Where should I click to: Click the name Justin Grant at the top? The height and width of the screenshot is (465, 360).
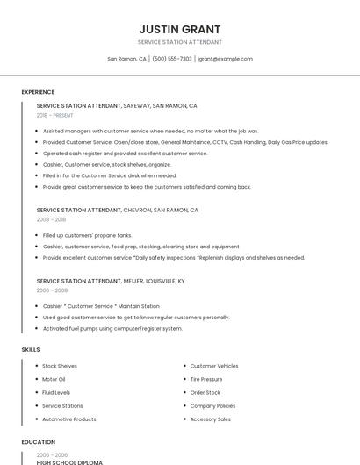click(180, 29)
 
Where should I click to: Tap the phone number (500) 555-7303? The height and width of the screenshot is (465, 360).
click(172, 59)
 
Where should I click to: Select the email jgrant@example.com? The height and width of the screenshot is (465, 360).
click(225, 59)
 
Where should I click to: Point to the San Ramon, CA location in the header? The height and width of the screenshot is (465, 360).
click(126, 59)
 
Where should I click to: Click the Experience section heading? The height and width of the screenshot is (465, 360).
click(38, 92)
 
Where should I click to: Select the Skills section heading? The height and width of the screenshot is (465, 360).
click(31, 349)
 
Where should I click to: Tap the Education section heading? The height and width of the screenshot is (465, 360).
click(39, 442)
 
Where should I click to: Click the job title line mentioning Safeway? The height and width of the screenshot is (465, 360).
click(117, 105)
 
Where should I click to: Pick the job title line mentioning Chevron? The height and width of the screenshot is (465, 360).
click(118, 210)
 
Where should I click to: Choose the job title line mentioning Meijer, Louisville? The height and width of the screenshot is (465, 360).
click(111, 281)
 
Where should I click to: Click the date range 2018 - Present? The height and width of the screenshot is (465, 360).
click(55, 115)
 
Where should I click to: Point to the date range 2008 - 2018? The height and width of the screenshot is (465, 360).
click(51, 219)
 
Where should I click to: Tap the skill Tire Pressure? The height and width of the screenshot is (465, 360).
click(206, 379)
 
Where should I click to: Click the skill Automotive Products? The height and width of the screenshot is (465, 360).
click(69, 419)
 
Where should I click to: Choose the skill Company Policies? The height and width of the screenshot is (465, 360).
click(212, 406)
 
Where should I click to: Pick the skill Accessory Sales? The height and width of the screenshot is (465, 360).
click(211, 419)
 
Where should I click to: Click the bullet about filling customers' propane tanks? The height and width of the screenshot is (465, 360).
click(87, 235)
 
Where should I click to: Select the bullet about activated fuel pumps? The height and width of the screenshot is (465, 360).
click(112, 329)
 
